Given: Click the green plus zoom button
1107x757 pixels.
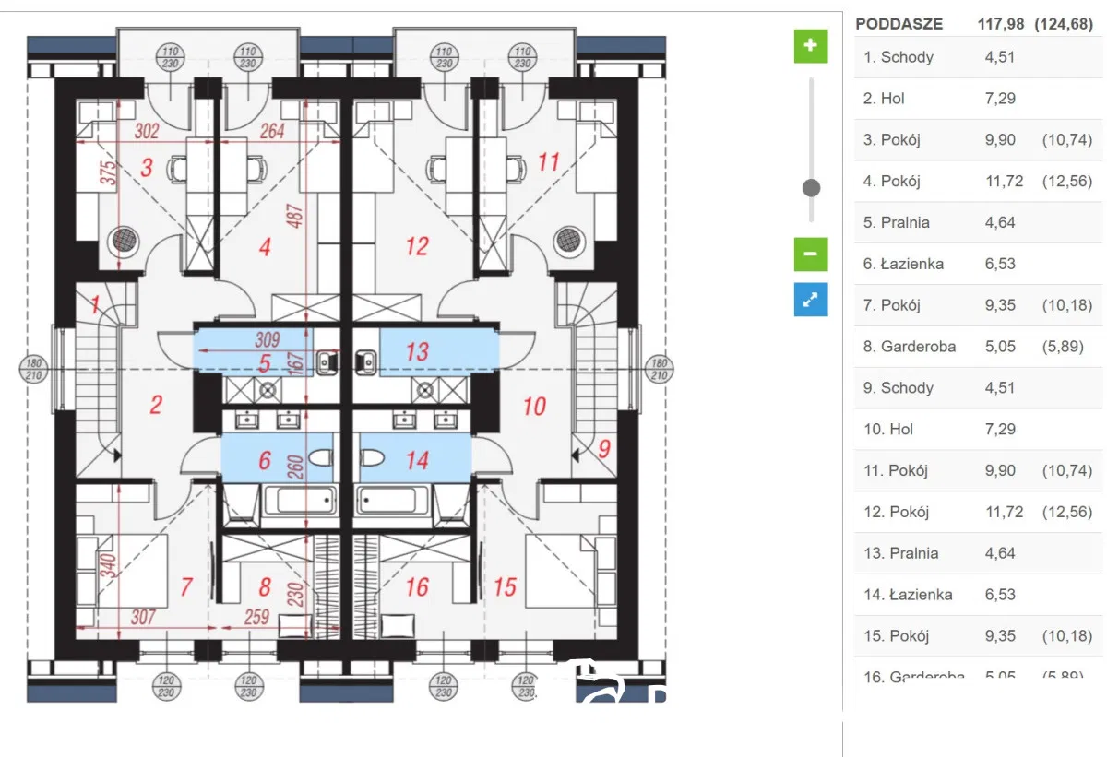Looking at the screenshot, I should (811, 45).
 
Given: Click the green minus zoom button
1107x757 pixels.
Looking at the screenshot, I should (811, 254).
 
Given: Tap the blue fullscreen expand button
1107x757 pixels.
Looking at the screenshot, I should (811, 300).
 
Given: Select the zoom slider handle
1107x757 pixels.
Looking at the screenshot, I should (812, 188).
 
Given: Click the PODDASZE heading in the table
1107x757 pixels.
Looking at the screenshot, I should (899, 24).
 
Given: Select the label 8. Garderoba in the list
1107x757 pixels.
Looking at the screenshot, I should (909, 347).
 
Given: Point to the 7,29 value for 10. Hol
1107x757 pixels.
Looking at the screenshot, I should (1000, 429).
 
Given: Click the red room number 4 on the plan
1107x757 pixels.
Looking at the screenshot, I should (265, 247).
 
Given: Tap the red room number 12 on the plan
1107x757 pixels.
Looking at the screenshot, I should (417, 246).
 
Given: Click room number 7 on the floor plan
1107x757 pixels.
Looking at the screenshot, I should (186, 585).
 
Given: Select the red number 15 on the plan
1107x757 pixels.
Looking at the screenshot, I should (505, 586).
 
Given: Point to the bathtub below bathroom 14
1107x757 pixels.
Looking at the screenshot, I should (393, 502).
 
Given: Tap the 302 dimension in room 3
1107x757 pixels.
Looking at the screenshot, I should (147, 132).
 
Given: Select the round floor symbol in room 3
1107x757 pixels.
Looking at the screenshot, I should (125, 241).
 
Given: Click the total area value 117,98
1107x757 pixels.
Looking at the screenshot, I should (1000, 24).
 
